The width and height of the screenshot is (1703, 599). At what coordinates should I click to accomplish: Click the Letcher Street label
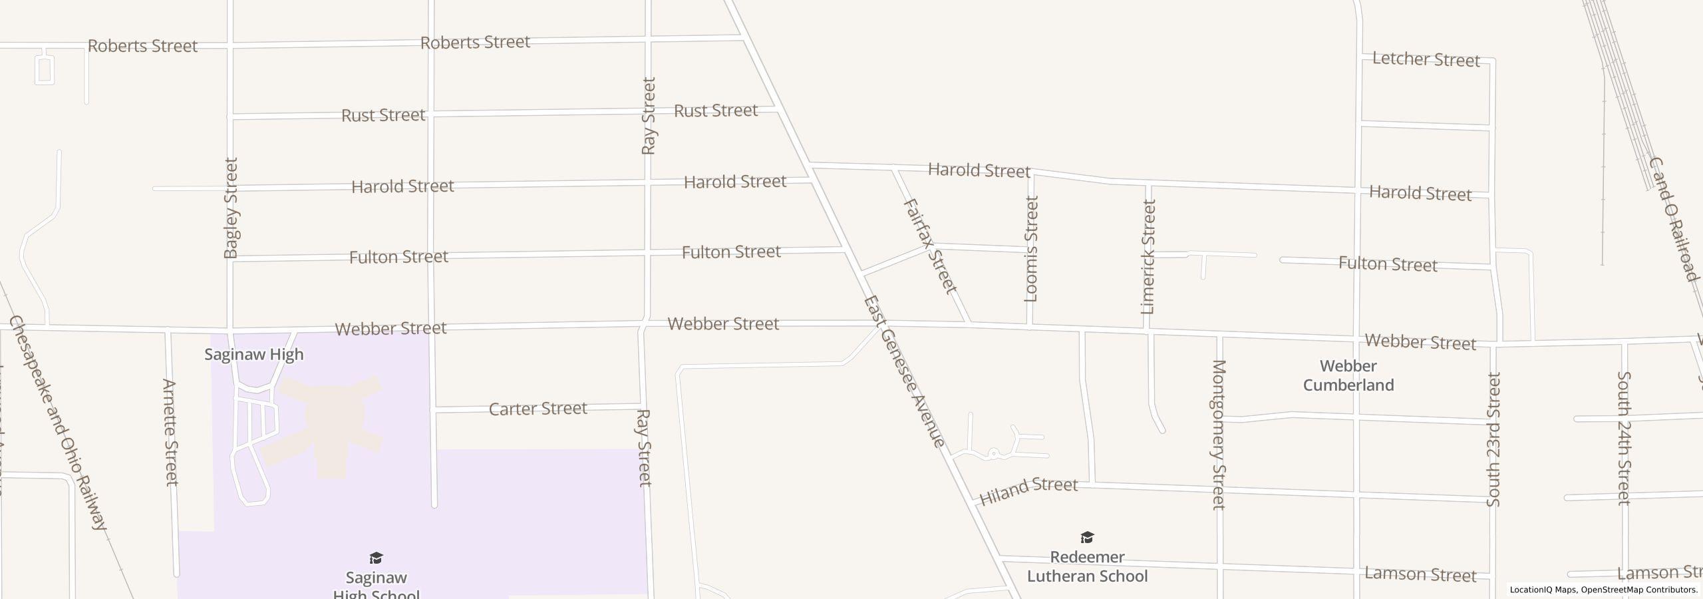coord(1426,59)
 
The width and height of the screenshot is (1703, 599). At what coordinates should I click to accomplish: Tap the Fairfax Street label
coord(930,246)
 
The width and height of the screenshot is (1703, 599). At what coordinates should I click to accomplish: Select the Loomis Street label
coord(1030,248)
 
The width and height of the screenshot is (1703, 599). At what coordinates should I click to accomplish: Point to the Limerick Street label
coord(1148,256)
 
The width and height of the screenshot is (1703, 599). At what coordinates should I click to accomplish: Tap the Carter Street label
coord(538,408)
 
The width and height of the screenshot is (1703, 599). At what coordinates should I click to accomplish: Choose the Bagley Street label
coord(231,208)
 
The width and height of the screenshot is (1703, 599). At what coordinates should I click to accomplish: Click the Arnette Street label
coord(171,432)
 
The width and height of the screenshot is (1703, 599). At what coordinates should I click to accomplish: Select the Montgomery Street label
coord(1219,434)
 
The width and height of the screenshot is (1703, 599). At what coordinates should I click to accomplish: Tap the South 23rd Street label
coord(1493,439)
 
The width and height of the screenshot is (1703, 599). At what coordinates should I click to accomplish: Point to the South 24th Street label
coord(1623,438)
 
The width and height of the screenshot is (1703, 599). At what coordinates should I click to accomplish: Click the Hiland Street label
coord(1028,490)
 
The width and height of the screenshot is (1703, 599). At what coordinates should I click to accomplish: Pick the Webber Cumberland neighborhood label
coord(1348,375)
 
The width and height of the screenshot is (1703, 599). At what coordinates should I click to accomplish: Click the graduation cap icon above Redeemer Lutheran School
coord(1087,537)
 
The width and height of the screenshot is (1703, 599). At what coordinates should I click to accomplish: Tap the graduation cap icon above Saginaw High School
coord(376,558)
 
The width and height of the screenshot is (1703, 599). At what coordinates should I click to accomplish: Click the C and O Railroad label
coord(1672,219)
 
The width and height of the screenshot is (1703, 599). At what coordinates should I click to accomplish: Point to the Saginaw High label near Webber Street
coord(253,354)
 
